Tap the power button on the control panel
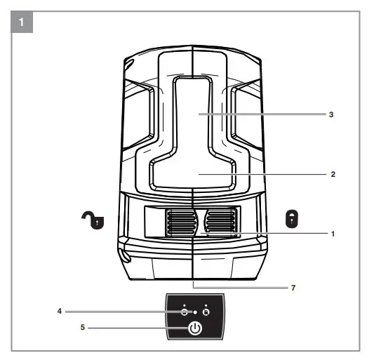click(x=194, y=328)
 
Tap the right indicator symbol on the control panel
click(x=206, y=311)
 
